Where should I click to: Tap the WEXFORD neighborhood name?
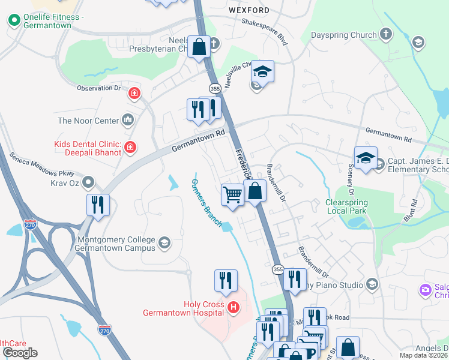click(249, 10)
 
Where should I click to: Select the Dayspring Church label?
click(343, 35)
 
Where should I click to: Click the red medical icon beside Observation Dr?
click(134, 93)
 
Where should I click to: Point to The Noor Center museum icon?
click(127, 121)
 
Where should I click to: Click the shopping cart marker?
click(232, 194)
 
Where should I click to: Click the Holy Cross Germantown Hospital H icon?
click(234, 308)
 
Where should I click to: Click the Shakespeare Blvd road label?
click(264, 30)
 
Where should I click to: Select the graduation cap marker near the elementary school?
click(365, 158)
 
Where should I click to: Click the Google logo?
click(20, 353)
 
